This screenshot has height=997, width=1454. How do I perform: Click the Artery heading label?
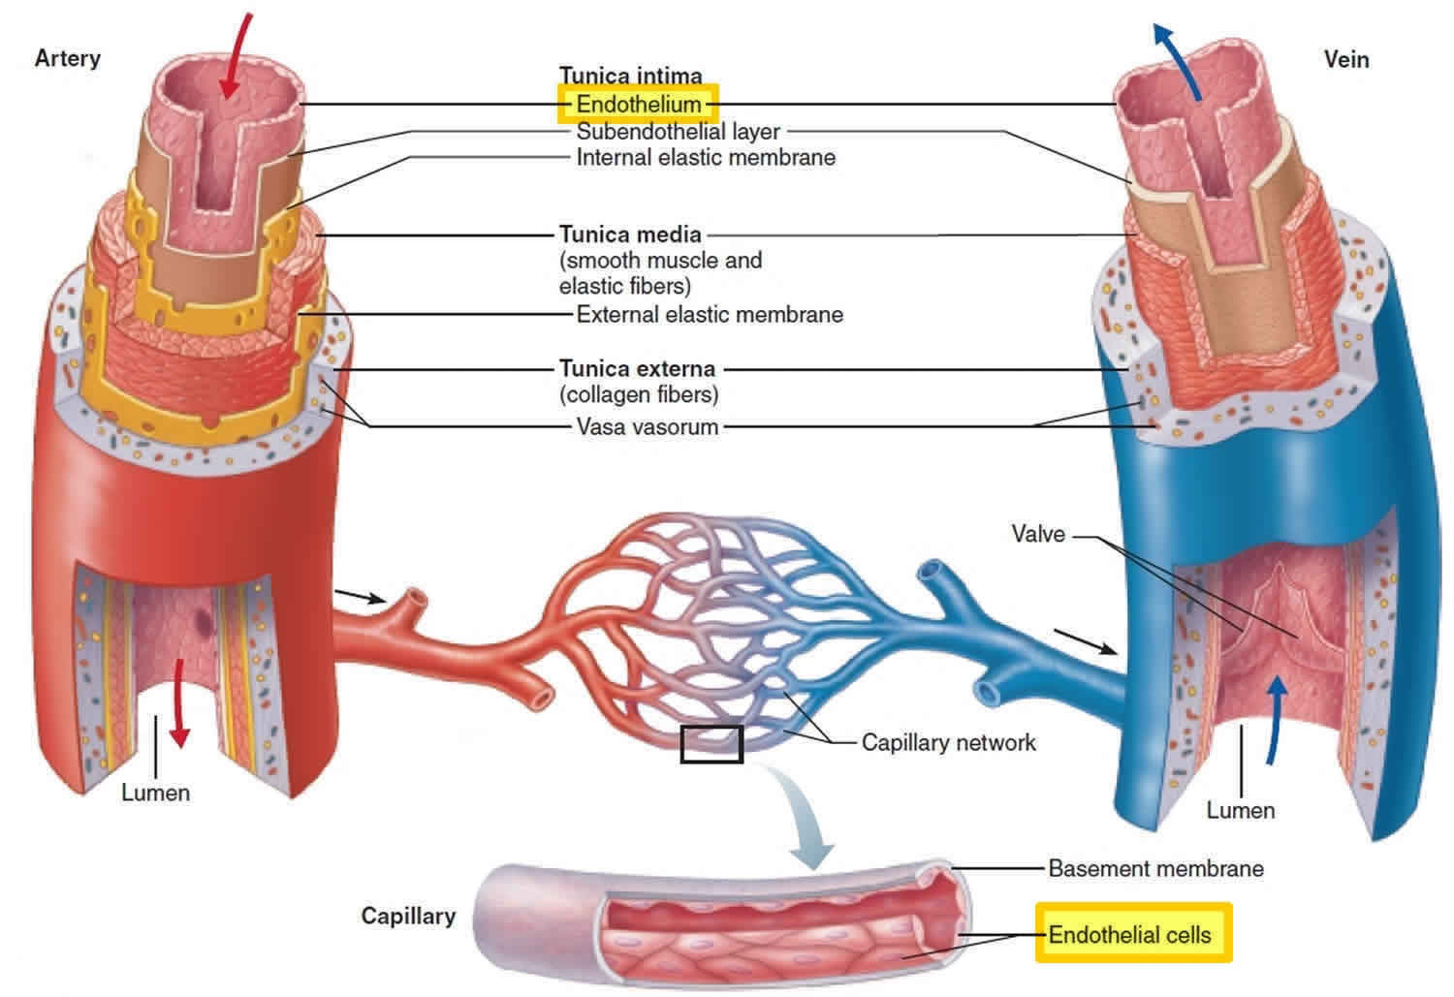tap(67, 58)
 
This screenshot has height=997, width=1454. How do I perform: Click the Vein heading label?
tap(1346, 60)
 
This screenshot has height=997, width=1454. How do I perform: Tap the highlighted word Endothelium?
tap(638, 104)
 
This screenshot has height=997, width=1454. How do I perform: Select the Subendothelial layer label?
tap(679, 131)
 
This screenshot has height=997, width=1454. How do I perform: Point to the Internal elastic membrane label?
tap(706, 157)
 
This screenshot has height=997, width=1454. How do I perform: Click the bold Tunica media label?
tap(630, 234)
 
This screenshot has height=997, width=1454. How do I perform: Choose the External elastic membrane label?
tap(710, 314)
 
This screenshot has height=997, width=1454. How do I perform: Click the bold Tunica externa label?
tap(637, 369)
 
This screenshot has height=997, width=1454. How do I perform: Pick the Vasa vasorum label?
tap(648, 426)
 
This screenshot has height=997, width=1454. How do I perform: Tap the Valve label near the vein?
tap(1038, 534)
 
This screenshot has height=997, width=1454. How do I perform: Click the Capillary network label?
tap(948, 743)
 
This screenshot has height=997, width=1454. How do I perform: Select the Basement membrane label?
tap(1155, 868)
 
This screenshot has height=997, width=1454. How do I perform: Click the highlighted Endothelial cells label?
tap(1130, 935)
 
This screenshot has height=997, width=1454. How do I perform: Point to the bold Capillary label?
tap(408, 916)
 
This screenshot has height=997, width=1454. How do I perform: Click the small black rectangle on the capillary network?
tap(711, 744)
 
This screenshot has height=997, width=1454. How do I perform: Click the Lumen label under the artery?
tap(155, 793)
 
